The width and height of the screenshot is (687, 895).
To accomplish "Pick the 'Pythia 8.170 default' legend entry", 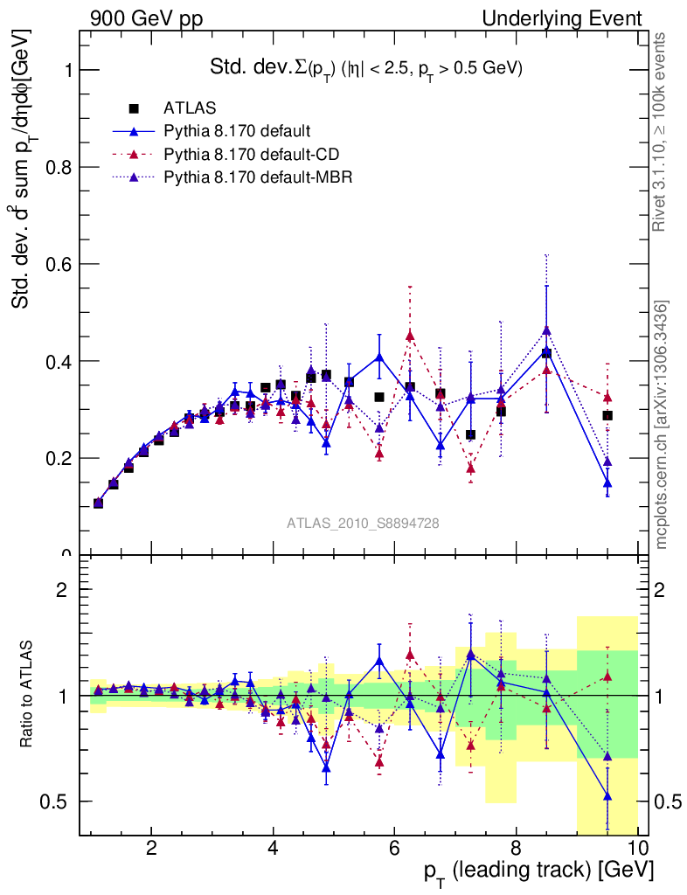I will pyautogui.click(x=237, y=132).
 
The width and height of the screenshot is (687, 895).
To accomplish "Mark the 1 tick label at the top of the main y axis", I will pyautogui.click(x=66, y=70).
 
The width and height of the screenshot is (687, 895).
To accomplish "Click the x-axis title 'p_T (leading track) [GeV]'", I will pyautogui.click(x=538, y=872).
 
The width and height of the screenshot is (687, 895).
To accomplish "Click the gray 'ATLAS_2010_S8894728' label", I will pyautogui.click(x=363, y=524).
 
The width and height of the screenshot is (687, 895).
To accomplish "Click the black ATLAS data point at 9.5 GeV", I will pyautogui.click(x=607, y=415).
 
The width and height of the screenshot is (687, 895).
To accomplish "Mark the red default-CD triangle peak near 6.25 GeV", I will pyautogui.click(x=410, y=336).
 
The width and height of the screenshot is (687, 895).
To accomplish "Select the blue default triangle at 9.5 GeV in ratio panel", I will pyautogui.click(x=607, y=795).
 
